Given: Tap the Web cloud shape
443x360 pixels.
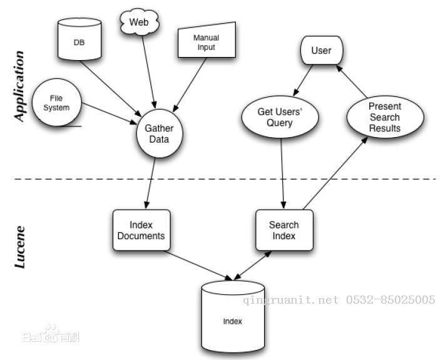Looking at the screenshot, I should pos(139,23).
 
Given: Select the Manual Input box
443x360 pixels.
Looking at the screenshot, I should pos(206,42).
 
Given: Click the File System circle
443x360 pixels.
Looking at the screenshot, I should pos(56,103).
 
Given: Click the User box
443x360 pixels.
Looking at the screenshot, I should pos(321,51).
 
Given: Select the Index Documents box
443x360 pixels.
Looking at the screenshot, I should pos(141,230).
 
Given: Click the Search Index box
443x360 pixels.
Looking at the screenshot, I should pos(284,230).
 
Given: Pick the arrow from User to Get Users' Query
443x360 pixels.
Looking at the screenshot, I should pos(303,82).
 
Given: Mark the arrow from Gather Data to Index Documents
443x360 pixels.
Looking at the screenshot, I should pos(151,182).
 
